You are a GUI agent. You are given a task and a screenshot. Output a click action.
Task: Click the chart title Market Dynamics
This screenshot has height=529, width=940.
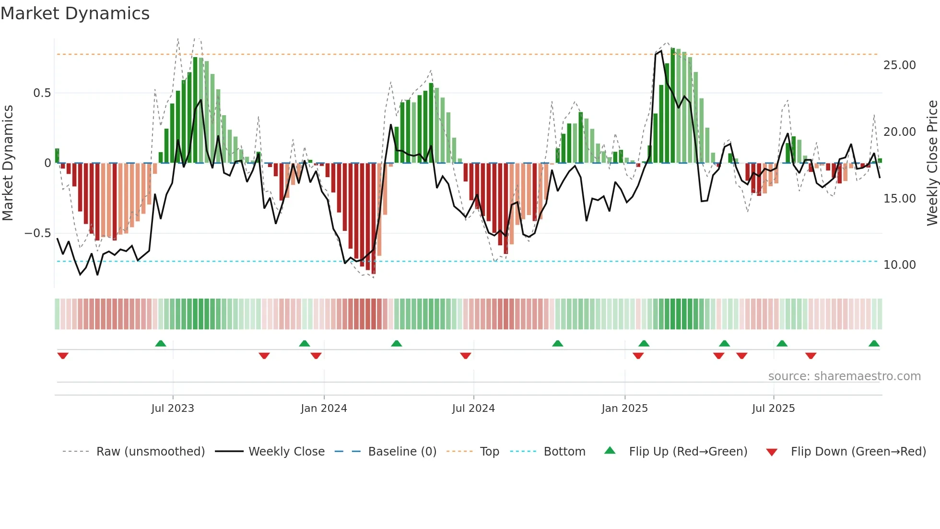coord(75,13)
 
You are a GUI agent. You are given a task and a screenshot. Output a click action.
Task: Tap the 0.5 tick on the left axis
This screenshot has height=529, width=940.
coord(42,93)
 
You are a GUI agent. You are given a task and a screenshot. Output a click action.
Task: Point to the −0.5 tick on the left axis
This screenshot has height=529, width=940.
coord(38,233)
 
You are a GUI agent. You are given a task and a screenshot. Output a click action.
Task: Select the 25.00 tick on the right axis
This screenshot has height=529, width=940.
coord(899,65)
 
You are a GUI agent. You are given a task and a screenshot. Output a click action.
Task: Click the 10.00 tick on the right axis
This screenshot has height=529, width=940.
coord(899,265)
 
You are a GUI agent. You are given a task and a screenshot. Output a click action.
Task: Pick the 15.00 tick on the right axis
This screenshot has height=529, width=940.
coord(899,198)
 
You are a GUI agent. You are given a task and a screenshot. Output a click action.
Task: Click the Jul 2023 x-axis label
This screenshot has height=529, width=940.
coord(173,409)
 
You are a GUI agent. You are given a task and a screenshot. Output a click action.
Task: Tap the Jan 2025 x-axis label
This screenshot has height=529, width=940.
coord(624,409)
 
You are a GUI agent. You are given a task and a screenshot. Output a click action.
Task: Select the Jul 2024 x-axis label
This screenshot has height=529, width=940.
coord(473,409)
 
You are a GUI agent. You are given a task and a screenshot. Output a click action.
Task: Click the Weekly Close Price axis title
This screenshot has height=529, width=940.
coord(932,163)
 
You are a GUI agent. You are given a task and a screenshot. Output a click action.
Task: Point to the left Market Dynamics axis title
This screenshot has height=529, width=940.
coord(8,163)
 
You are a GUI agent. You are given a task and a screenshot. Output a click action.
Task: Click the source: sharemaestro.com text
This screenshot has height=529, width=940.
coord(844,376)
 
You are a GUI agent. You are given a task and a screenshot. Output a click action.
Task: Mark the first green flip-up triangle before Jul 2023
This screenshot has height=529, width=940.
coord(161,344)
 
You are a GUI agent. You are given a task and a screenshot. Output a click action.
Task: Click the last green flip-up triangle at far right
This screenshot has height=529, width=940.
coord(874,344)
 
